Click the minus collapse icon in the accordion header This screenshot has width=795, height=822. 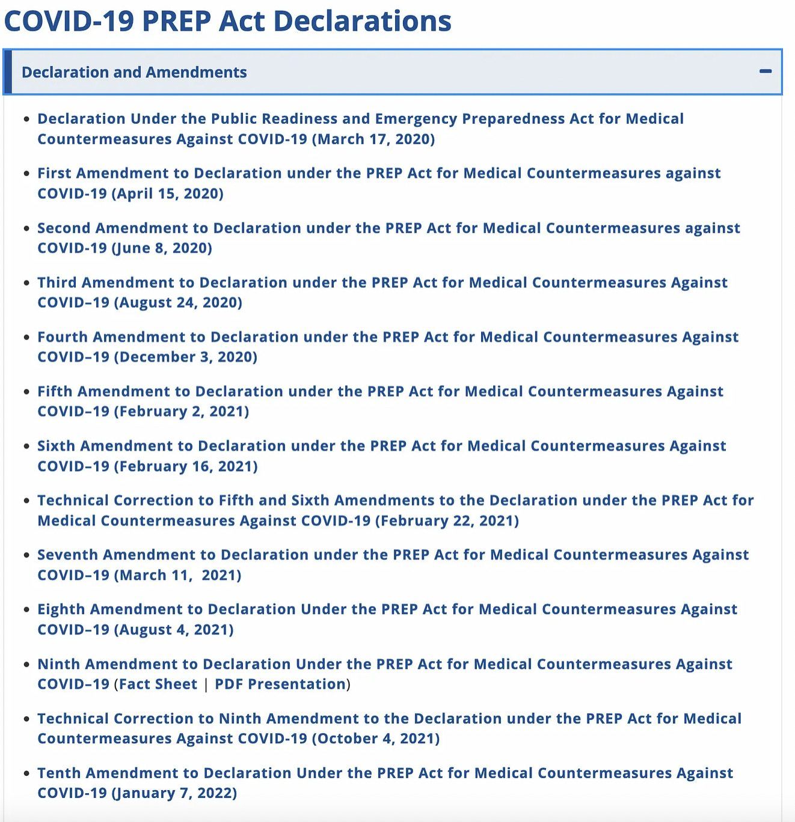[765, 72]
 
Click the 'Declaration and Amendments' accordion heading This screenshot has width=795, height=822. [134, 72]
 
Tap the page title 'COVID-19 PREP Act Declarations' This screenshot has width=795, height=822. [227, 20]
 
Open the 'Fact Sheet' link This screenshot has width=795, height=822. [158, 684]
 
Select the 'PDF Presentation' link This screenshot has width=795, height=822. [280, 684]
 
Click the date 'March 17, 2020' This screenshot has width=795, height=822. [373, 139]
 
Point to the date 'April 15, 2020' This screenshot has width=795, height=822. [167, 193]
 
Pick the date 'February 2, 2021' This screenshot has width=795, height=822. [181, 412]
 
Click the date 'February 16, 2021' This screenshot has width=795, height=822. [186, 466]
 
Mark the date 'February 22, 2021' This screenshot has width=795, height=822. [447, 520]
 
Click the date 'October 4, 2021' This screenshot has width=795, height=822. [376, 738]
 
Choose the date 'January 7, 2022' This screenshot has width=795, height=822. [174, 793]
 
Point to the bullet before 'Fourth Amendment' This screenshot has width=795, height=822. [26, 337]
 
